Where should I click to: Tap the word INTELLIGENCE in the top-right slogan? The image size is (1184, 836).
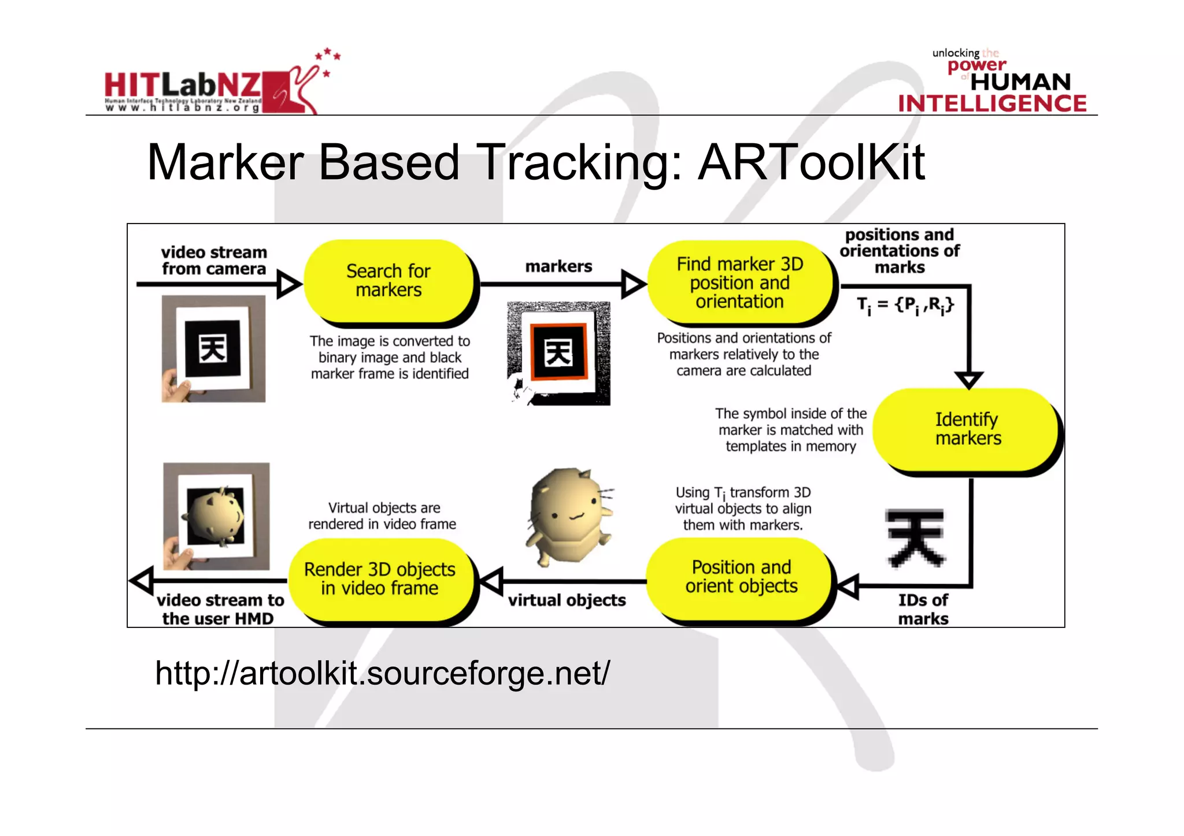pyautogui.click(x=992, y=103)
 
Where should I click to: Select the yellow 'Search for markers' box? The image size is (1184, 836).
pyautogui.click(x=388, y=281)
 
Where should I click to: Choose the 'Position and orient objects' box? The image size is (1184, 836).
pyautogui.click(x=741, y=577)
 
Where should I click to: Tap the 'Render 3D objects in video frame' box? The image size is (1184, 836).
pyautogui.click(x=379, y=578)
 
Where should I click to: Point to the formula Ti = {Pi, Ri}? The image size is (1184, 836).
pyautogui.click(x=905, y=305)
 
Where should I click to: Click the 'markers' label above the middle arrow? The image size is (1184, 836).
pyautogui.click(x=558, y=266)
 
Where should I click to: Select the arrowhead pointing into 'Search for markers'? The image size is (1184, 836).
pyautogui.click(x=288, y=284)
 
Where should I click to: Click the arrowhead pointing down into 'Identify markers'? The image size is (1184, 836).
pyautogui.click(x=969, y=380)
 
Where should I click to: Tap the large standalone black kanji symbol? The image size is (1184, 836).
pyautogui.click(x=915, y=538)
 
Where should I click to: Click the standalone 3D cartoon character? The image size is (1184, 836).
pyautogui.click(x=569, y=516)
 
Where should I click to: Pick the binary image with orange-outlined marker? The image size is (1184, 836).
pyautogui.click(x=558, y=353)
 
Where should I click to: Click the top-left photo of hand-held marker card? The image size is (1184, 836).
pyautogui.click(x=213, y=348)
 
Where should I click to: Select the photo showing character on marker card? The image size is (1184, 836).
pyautogui.click(x=216, y=516)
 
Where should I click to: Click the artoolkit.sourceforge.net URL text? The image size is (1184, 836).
pyautogui.click(x=382, y=674)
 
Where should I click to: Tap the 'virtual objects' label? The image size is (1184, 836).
pyautogui.click(x=567, y=600)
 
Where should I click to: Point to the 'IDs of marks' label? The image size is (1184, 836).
pyautogui.click(x=923, y=609)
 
